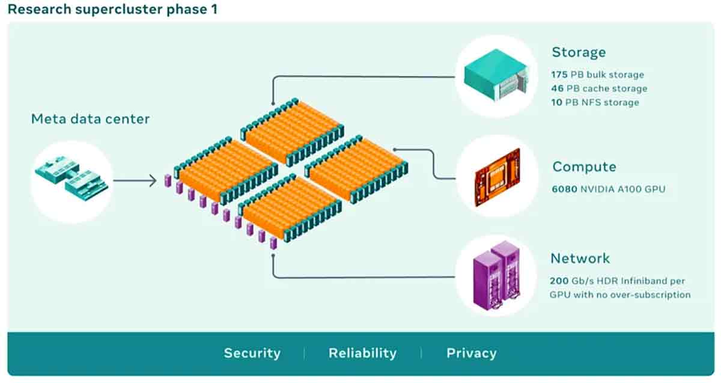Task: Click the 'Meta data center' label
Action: tap(90, 119)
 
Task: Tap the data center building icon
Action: tap(71, 178)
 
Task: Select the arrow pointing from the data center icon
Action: tap(135, 180)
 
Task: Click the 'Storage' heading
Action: tap(579, 52)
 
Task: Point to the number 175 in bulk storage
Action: tap(559, 75)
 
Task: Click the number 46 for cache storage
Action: tap(557, 89)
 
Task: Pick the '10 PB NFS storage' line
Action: tap(595, 103)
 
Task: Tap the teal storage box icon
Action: tap(497, 76)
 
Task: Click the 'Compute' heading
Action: tap(584, 167)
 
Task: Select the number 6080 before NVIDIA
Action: tap(563, 189)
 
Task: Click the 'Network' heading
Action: tap(580, 259)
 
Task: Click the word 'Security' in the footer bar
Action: tap(252, 353)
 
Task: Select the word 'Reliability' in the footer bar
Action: tap(362, 353)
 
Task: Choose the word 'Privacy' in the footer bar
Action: tap(471, 353)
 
